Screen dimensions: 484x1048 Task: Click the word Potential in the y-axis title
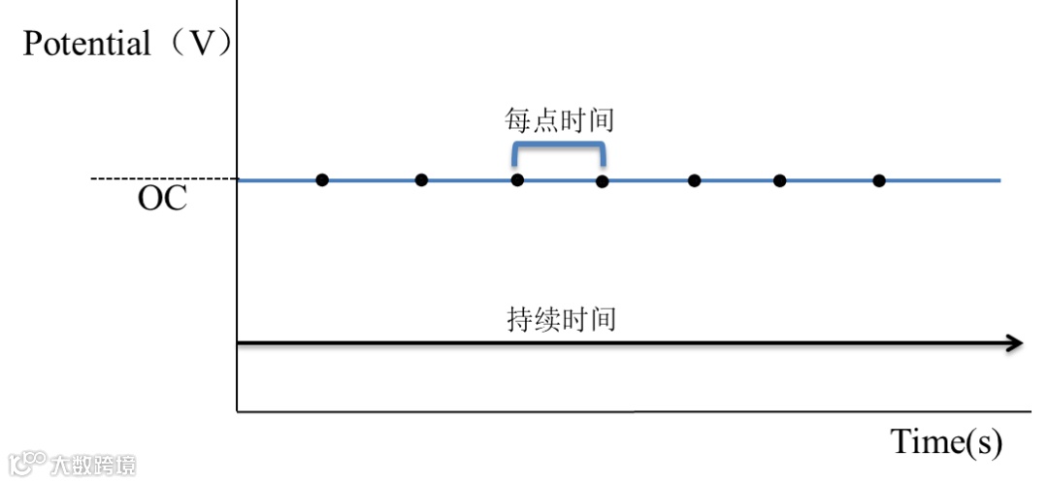tap(86, 44)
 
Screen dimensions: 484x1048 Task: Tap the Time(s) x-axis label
tap(945, 442)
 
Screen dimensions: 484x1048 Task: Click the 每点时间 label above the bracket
tap(559, 121)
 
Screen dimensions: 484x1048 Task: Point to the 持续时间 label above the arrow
tap(561, 320)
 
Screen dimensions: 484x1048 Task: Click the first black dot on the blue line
tap(322, 179)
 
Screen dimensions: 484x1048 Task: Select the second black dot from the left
tap(421, 179)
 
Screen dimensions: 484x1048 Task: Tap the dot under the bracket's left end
tap(517, 179)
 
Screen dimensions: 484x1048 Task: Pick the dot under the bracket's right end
tap(602, 180)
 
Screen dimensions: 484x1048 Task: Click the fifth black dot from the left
tap(694, 179)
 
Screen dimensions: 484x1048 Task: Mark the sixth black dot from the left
tap(779, 180)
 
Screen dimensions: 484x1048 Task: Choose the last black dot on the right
tap(879, 179)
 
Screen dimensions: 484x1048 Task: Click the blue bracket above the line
tap(559, 145)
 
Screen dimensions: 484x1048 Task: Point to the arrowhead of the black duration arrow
tap(1015, 342)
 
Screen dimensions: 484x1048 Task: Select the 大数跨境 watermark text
tap(93, 465)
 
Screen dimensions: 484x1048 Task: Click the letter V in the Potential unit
tap(199, 44)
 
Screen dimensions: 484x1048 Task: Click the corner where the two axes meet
tap(238, 411)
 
